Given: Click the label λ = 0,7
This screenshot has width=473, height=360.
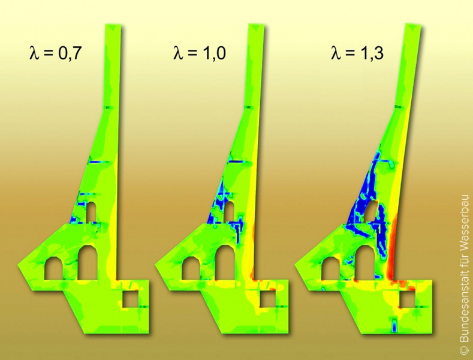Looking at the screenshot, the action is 56,53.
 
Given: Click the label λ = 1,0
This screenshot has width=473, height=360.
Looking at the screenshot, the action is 200,53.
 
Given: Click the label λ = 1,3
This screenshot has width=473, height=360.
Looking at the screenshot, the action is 357,53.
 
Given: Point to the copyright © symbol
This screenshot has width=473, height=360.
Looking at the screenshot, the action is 465,349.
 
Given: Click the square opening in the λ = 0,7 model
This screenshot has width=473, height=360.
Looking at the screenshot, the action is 131,299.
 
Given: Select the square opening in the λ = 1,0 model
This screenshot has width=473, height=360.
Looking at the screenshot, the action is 268,299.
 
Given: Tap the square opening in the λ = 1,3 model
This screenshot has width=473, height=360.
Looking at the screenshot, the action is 407,301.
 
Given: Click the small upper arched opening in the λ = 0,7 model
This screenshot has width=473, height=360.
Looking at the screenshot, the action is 91,212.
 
